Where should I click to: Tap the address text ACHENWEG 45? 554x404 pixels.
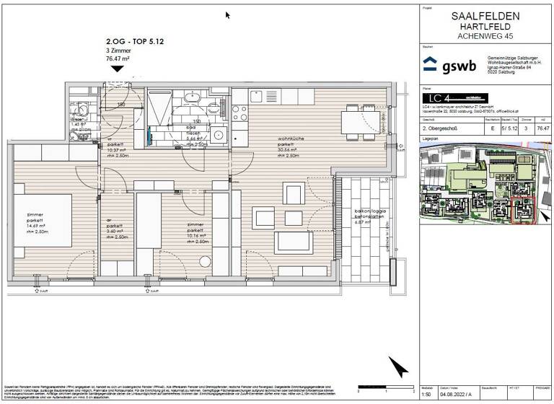[484, 35]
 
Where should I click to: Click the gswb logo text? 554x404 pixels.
[458, 66]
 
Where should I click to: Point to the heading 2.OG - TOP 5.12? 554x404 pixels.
[135, 43]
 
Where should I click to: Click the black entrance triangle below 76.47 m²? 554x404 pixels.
[117, 69]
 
